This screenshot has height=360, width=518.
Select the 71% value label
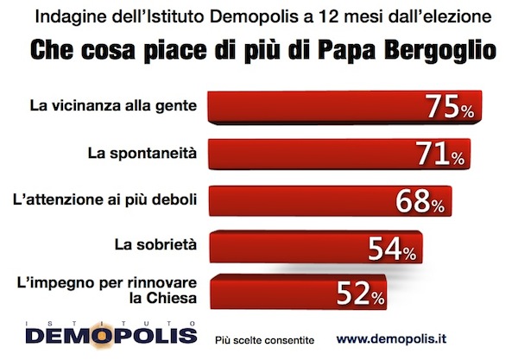tap(442, 155)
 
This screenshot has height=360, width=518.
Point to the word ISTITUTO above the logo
tap(103, 324)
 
